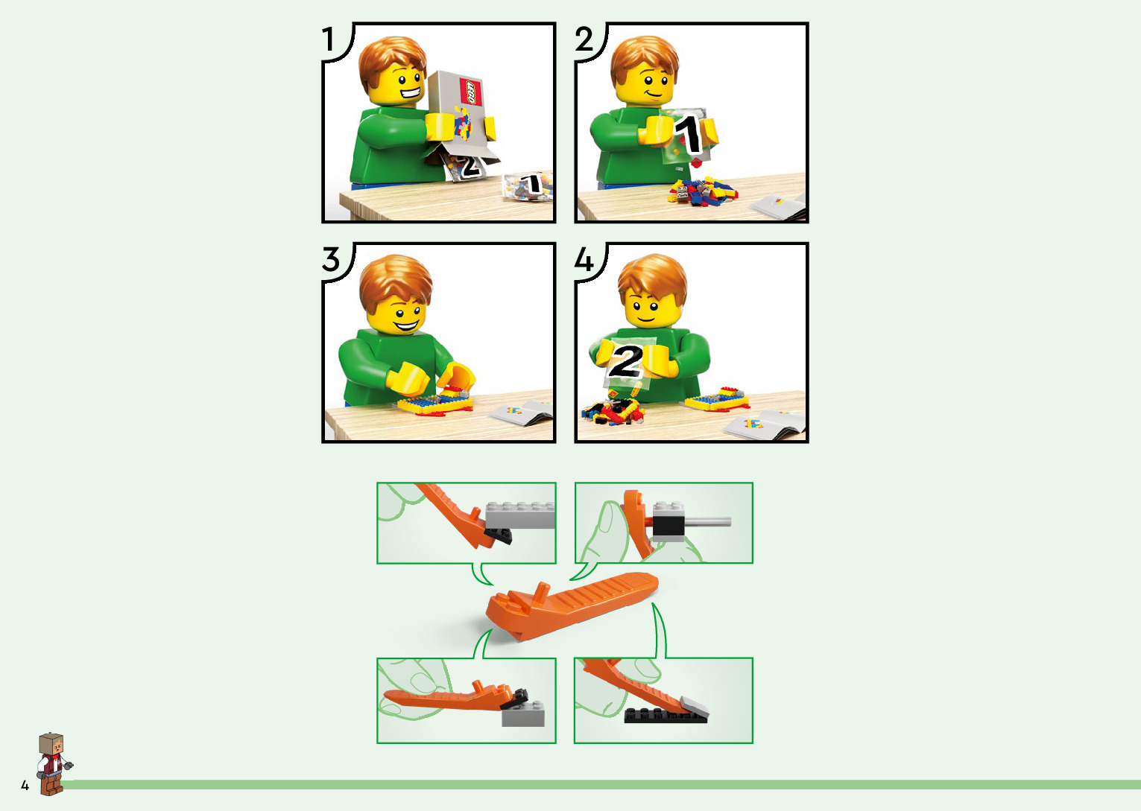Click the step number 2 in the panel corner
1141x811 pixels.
pos(584,39)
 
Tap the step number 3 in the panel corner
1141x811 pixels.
pos(331,259)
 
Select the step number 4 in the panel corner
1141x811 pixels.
pos(584,260)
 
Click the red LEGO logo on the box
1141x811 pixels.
pos(470,92)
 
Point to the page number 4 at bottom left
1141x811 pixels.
pos(25,785)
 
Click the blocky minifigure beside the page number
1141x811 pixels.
pos(53,763)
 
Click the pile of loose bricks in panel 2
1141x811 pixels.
pos(703,191)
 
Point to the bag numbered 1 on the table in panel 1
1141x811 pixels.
pos(528,186)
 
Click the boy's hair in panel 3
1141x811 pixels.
pos(396,280)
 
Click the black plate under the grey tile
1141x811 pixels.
pos(666,715)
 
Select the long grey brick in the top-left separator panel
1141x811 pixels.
pos(520,515)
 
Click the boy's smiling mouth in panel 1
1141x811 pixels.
pos(411,94)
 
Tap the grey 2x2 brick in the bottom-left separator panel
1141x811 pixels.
pos(523,713)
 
